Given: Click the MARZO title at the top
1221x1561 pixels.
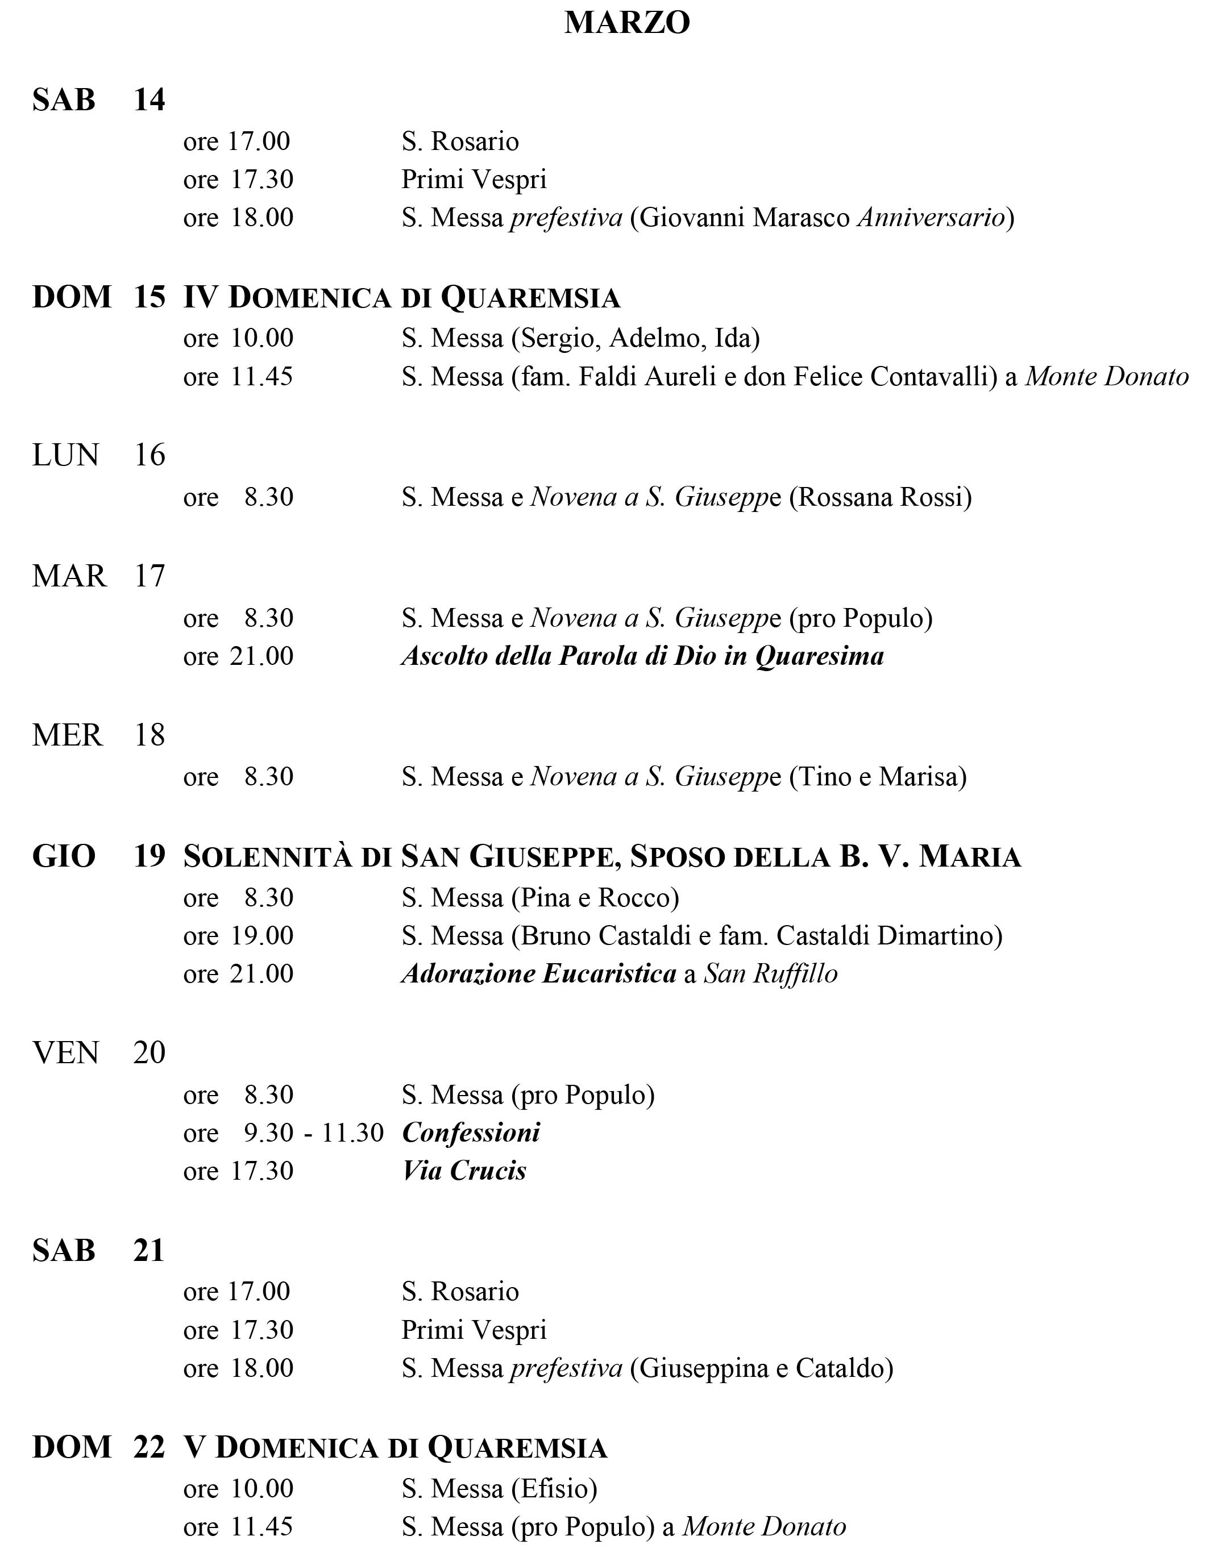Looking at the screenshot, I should pos(627,22).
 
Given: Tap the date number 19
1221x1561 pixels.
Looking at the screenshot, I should pos(149,856).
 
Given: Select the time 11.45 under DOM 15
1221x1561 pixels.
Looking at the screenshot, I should pos(261,377).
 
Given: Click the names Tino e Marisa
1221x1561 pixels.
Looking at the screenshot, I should pos(878,776).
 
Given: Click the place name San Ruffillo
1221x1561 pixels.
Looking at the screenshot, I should pos(771,974).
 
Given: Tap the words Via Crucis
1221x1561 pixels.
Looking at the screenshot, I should pos(464,1171).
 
